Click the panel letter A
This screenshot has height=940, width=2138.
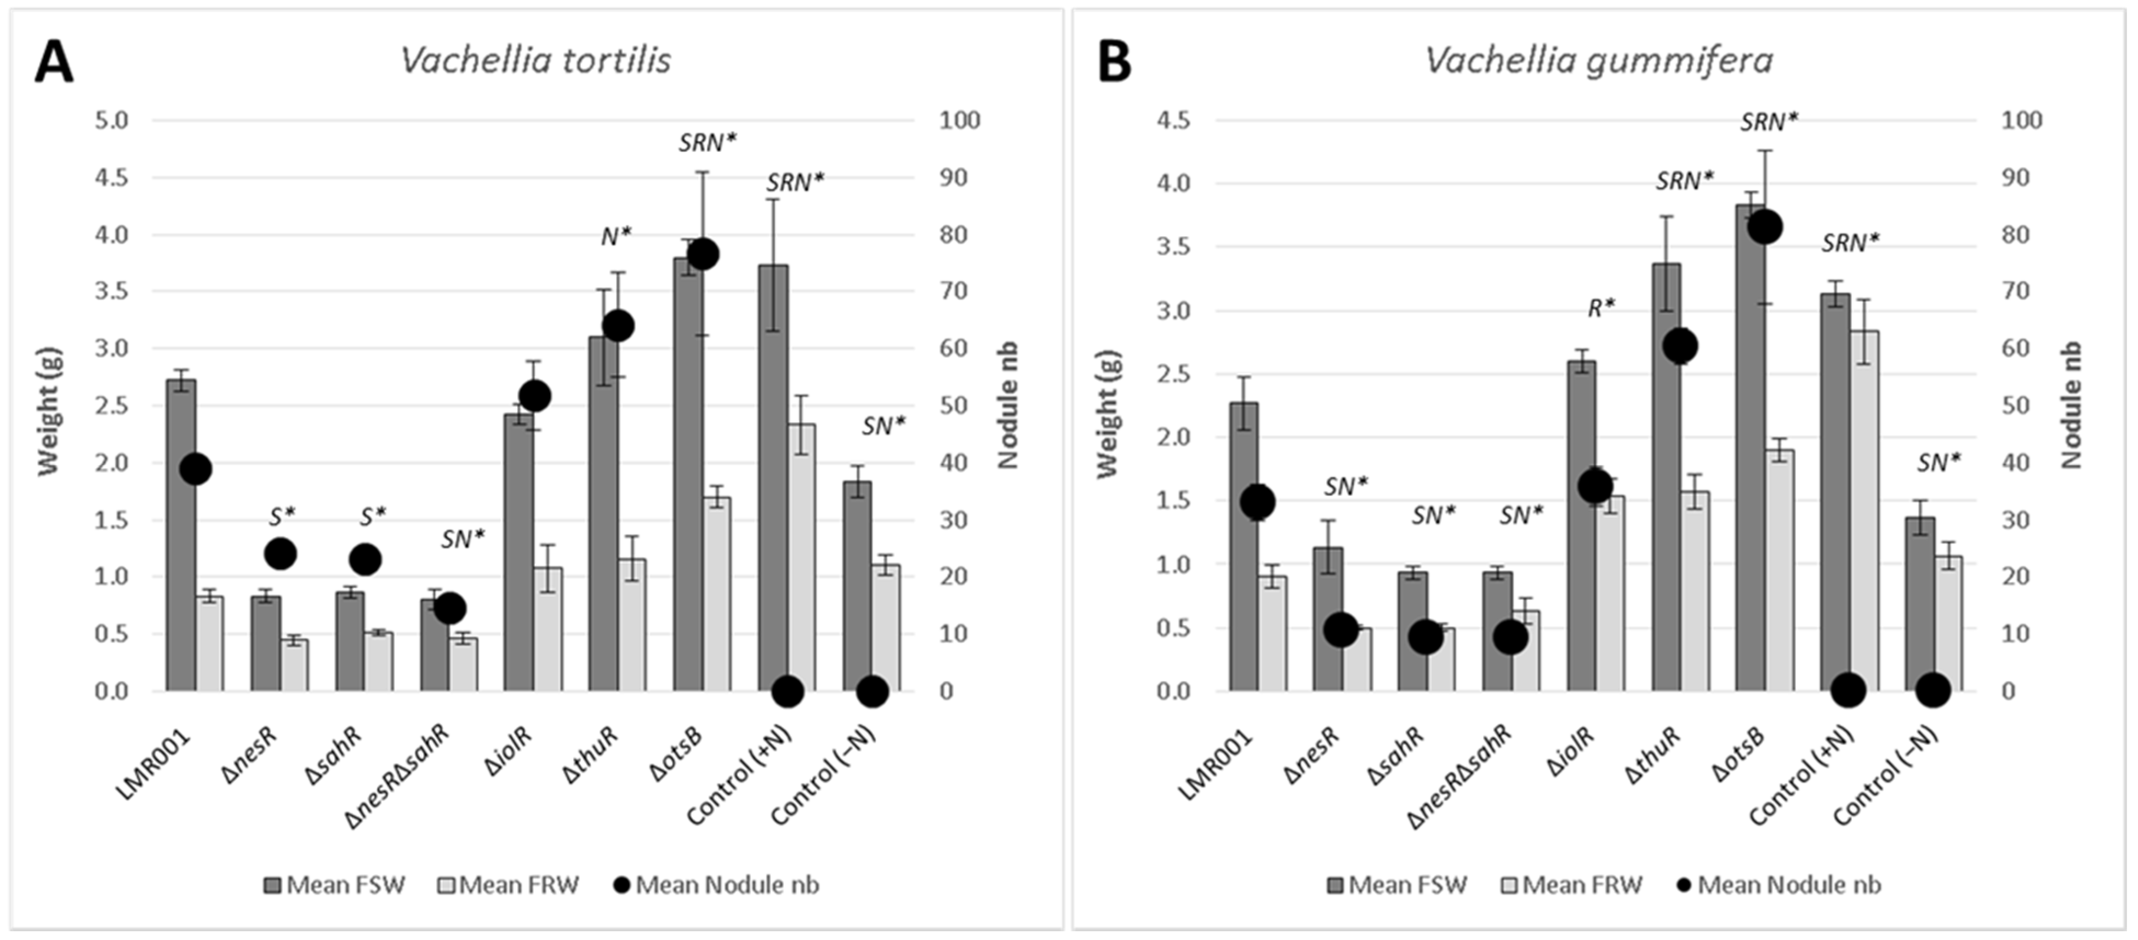(x=53, y=63)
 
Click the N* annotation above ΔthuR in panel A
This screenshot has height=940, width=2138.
(x=616, y=237)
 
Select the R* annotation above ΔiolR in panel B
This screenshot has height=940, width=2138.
(x=1601, y=308)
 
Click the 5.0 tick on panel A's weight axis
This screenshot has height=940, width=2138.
(x=112, y=121)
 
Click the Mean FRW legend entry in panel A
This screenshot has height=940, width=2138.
(x=508, y=885)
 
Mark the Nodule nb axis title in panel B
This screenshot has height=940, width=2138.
(x=2072, y=404)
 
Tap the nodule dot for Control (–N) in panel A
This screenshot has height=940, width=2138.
(x=871, y=690)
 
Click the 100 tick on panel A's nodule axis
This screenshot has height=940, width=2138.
(x=960, y=121)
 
